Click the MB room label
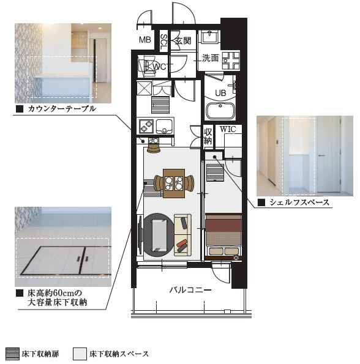coord(145,40)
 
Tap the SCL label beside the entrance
coord(163,42)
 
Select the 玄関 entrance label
coord(183,41)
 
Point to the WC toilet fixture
coord(146,66)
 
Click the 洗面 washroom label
coord(211,58)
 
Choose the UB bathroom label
coord(220,93)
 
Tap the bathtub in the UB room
coord(221,111)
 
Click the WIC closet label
coord(228,129)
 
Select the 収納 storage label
coord(208,136)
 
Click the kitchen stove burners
coord(146,126)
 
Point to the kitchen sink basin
coord(165,126)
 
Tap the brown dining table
coord(174,184)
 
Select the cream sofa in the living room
coord(183,235)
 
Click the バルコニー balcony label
coord(190,290)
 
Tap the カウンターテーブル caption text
coord(62,109)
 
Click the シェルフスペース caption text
coord(299,202)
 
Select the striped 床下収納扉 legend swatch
coord(12,354)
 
